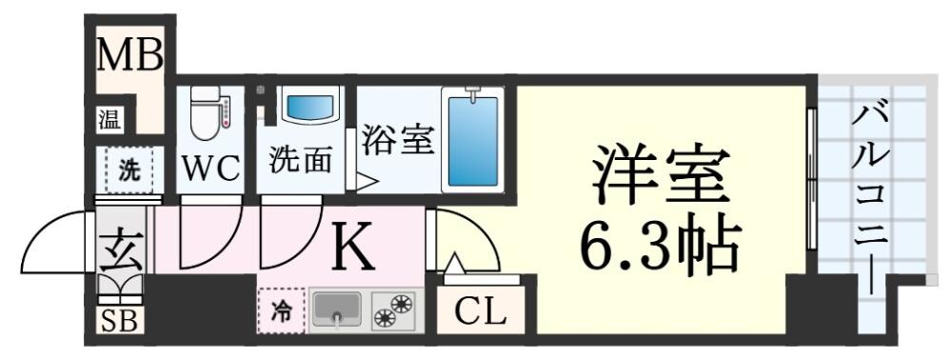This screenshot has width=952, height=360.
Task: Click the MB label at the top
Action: click(x=131, y=55)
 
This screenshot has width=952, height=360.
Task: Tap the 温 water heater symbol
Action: click(x=109, y=120)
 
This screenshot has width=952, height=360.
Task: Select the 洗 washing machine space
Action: click(x=128, y=172)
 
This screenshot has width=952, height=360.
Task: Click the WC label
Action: click(x=209, y=169)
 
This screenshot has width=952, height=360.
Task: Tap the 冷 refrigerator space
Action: click(x=282, y=310)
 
